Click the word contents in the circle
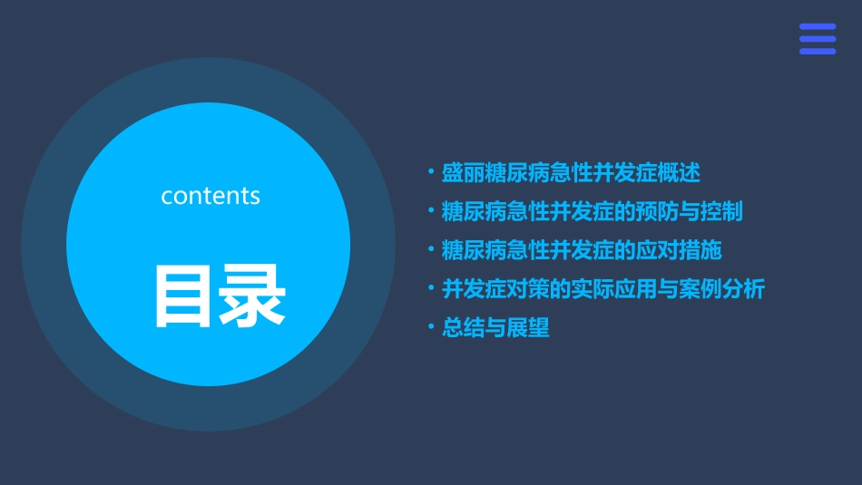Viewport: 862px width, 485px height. [211, 196]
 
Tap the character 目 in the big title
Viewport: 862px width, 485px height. [184, 296]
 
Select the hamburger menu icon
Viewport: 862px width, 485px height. [817, 39]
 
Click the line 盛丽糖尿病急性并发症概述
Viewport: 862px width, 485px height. [570, 172]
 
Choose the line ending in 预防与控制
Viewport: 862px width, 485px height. [592, 211]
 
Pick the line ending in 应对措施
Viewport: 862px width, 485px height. [581, 250]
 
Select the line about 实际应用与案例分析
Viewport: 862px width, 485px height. [602, 289]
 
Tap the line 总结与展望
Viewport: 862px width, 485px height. [495, 328]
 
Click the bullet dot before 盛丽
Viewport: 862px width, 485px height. [430, 170]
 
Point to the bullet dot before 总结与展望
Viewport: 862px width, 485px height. [430, 326]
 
